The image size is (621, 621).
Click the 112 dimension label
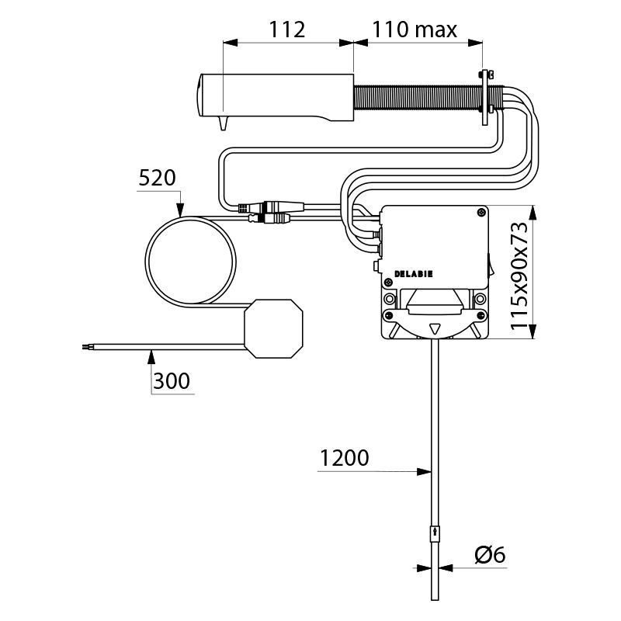click(287, 29)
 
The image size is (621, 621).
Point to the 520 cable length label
click(157, 178)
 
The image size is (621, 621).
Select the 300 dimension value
click(171, 380)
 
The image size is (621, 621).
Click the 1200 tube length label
click(344, 458)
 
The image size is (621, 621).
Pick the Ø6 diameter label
click(490, 554)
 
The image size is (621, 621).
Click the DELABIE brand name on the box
click(414, 273)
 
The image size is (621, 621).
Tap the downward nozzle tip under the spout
click(224, 124)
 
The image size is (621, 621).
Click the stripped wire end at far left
click(86, 347)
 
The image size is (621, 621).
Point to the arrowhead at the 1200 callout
click(427, 470)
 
